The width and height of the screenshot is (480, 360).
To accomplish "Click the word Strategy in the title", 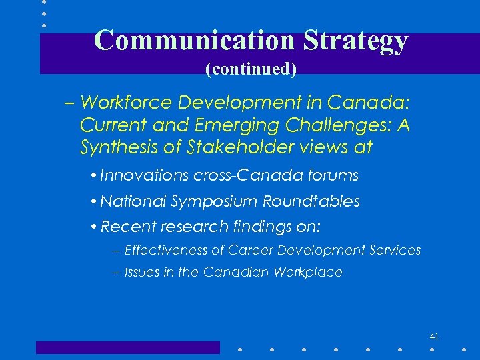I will (355, 41).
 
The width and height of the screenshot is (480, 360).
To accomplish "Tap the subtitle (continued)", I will (251, 68).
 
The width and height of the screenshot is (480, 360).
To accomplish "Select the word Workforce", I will (126, 103).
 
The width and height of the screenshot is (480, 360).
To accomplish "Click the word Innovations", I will (145, 175).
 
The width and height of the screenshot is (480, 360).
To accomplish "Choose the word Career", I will (250, 251).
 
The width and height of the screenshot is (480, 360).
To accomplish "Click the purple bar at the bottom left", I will (127, 347).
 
